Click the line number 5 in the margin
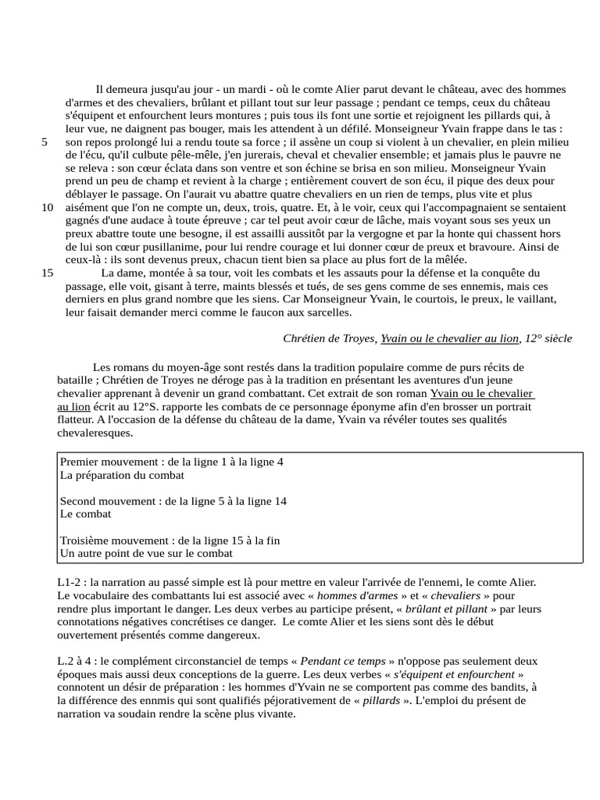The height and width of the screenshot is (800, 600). [45, 142]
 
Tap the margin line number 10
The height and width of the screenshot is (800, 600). [48, 207]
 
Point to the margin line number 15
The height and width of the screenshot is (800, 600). [48, 273]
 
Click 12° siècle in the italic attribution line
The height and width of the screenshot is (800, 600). [548, 338]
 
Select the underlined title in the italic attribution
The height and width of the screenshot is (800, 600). [450, 338]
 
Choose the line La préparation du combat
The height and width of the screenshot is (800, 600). [122, 475]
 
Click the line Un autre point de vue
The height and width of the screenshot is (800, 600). [146, 553]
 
